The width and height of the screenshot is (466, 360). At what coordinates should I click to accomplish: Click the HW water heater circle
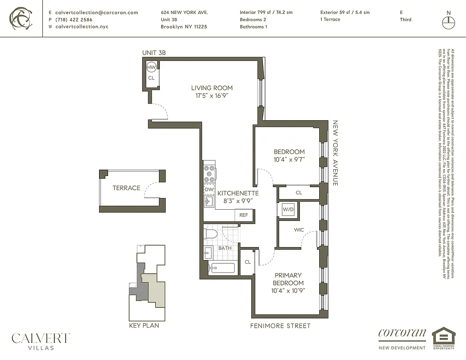pos(151,67)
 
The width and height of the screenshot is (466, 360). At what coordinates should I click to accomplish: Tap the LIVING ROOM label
pos(212,88)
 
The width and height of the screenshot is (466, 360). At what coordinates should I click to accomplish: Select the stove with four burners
pos(209,172)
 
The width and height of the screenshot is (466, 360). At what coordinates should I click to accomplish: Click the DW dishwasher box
pos(209,189)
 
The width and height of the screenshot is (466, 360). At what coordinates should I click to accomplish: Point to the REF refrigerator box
pos(244,215)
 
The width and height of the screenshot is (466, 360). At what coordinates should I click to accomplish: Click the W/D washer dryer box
pos(288,209)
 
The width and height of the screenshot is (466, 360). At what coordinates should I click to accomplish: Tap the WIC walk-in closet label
pos(299,230)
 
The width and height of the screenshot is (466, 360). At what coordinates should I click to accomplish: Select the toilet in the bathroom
pos(211,234)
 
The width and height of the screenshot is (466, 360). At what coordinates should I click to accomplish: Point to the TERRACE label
pos(126,188)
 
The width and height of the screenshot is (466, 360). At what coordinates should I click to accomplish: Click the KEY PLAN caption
pos(144,325)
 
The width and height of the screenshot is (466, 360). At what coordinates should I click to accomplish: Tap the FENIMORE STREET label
pos(280,326)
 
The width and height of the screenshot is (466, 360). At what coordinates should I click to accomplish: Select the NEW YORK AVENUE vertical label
pos(335,153)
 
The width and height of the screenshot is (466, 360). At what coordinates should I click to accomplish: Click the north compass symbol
pos(448,20)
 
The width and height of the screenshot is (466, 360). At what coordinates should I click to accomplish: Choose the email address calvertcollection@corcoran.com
pos(96,13)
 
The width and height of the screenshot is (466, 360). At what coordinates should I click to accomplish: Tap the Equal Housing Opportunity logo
pos(443,338)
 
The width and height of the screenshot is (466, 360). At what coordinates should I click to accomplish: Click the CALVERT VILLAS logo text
pos(41,341)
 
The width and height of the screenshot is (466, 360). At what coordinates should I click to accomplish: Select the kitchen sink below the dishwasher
pos(208,202)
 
